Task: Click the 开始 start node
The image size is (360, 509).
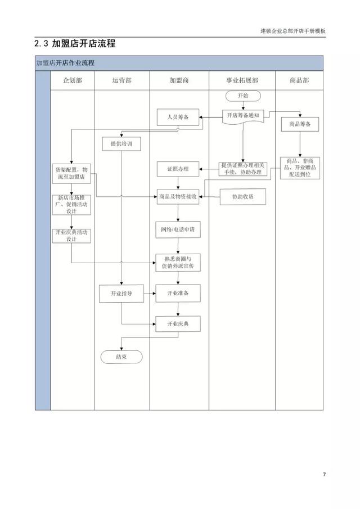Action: point(242,96)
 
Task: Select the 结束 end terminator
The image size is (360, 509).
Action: point(121,357)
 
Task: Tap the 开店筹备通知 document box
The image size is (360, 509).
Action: point(242,116)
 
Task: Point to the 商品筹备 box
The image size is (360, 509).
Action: point(300,123)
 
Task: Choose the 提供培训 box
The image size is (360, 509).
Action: point(121,144)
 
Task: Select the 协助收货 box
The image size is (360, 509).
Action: point(242,196)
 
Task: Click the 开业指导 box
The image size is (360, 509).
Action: point(121,293)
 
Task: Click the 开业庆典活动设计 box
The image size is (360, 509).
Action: point(71,235)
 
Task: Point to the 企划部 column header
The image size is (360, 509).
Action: point(72,80)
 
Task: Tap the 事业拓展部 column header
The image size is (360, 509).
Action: point(242,80)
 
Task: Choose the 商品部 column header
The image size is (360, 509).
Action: point(299,80)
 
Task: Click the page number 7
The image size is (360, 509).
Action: point(323,475)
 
